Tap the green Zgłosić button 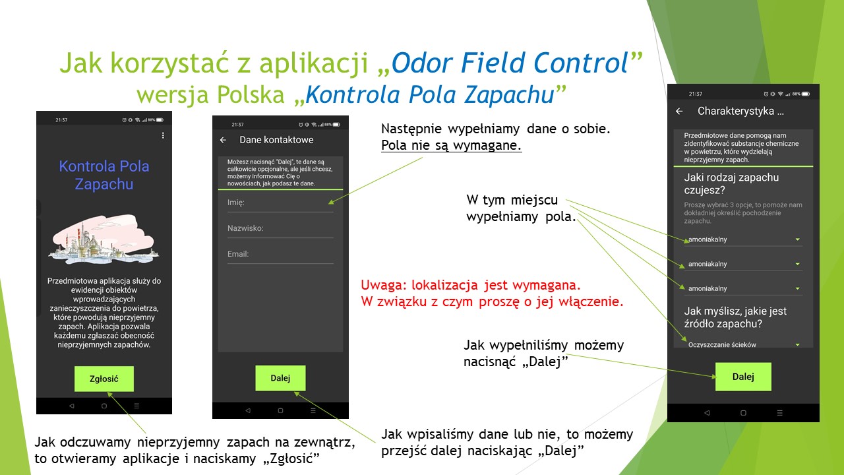104,379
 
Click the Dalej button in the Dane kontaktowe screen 280,378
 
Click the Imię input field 280,203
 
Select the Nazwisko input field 280,228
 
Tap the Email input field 280,254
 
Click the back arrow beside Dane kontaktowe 223,140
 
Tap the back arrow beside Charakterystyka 679,111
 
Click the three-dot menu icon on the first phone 163,135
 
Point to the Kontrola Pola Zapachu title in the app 104,175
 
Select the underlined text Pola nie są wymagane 451,146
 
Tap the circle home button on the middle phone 280,410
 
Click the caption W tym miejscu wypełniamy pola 521,208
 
